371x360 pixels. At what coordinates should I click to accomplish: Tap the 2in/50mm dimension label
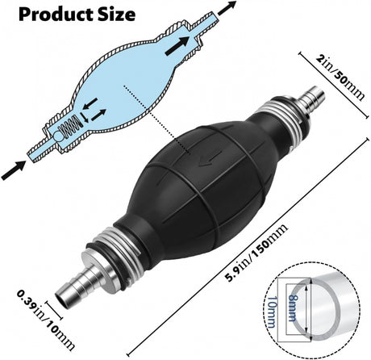tap(340, 77)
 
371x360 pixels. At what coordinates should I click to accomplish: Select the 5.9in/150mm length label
tap(256, 253)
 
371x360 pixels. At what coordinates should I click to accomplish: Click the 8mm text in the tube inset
tap(292, 308)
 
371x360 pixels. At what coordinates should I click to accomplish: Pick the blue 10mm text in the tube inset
tap(272, 312)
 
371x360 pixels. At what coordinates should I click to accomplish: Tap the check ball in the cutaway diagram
tap(58, 136)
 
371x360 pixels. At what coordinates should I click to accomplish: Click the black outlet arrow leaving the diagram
tap(227, 8)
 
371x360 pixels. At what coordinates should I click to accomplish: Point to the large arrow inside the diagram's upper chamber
tap(177, 46)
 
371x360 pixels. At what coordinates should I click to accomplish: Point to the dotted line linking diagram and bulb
tap(156, 119)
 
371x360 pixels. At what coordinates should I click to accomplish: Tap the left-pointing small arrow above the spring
tap(90, 104)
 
